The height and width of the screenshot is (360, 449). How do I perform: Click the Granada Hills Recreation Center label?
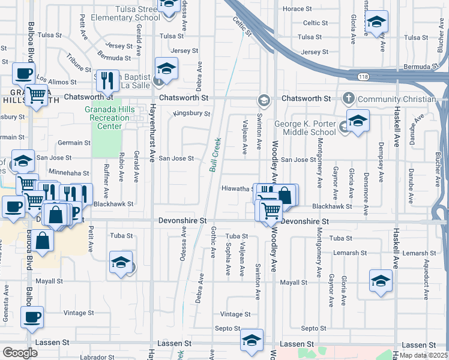(x=107, y=118)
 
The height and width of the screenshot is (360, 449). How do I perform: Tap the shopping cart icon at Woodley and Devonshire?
(x=271, y=210)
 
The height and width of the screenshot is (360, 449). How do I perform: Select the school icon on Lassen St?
(x=252, y=339)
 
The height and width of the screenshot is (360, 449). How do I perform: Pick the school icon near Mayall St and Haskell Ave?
(x=381, y=280)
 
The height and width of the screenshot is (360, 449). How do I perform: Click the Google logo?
(x=20, y=353)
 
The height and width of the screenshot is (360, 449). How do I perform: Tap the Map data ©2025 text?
(x=423, y=355)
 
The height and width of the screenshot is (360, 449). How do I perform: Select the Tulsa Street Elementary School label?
(x=125, y=13)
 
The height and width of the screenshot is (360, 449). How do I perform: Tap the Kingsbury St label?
(x=191, y=113)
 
